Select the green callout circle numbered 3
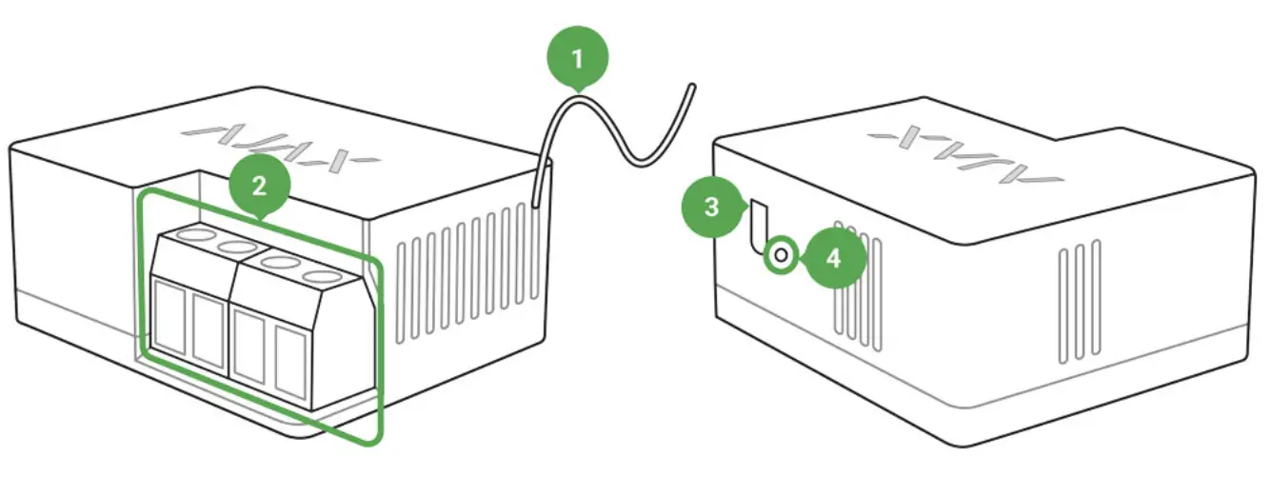(711, 209)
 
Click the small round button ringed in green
(781, 255)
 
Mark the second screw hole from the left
(235, 248)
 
